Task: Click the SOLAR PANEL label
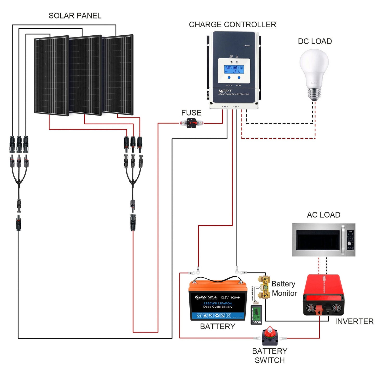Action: pyautogui.click(x=75, y=16)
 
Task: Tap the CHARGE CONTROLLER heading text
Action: pyautogui.click(x=232, y=25)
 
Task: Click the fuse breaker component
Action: pyautogui.click(x=192, y=123)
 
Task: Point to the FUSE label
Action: pyautogui.click(x=191, y=113)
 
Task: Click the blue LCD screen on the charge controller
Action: pyautogui.click(x=234, y=69)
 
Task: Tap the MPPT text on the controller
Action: pyautogui.click(x=225, y=91)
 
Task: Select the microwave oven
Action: pyautogui.click(x=323, y=240)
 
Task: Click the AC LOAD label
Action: pyautogui.click(x=323, y=215)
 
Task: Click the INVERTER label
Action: pyautogui.click(x=354, y=322)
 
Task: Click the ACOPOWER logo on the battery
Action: pyautogui.click(x=206, y=297)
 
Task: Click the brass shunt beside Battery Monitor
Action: pyautogui.click(x=264, y=288)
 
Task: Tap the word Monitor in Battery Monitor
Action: pyautogui.click(x=284, y=293)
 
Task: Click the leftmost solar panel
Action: pyautogui.click(x=51, y=76)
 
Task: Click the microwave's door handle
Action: pyautogui.click(x=343, y=240)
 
